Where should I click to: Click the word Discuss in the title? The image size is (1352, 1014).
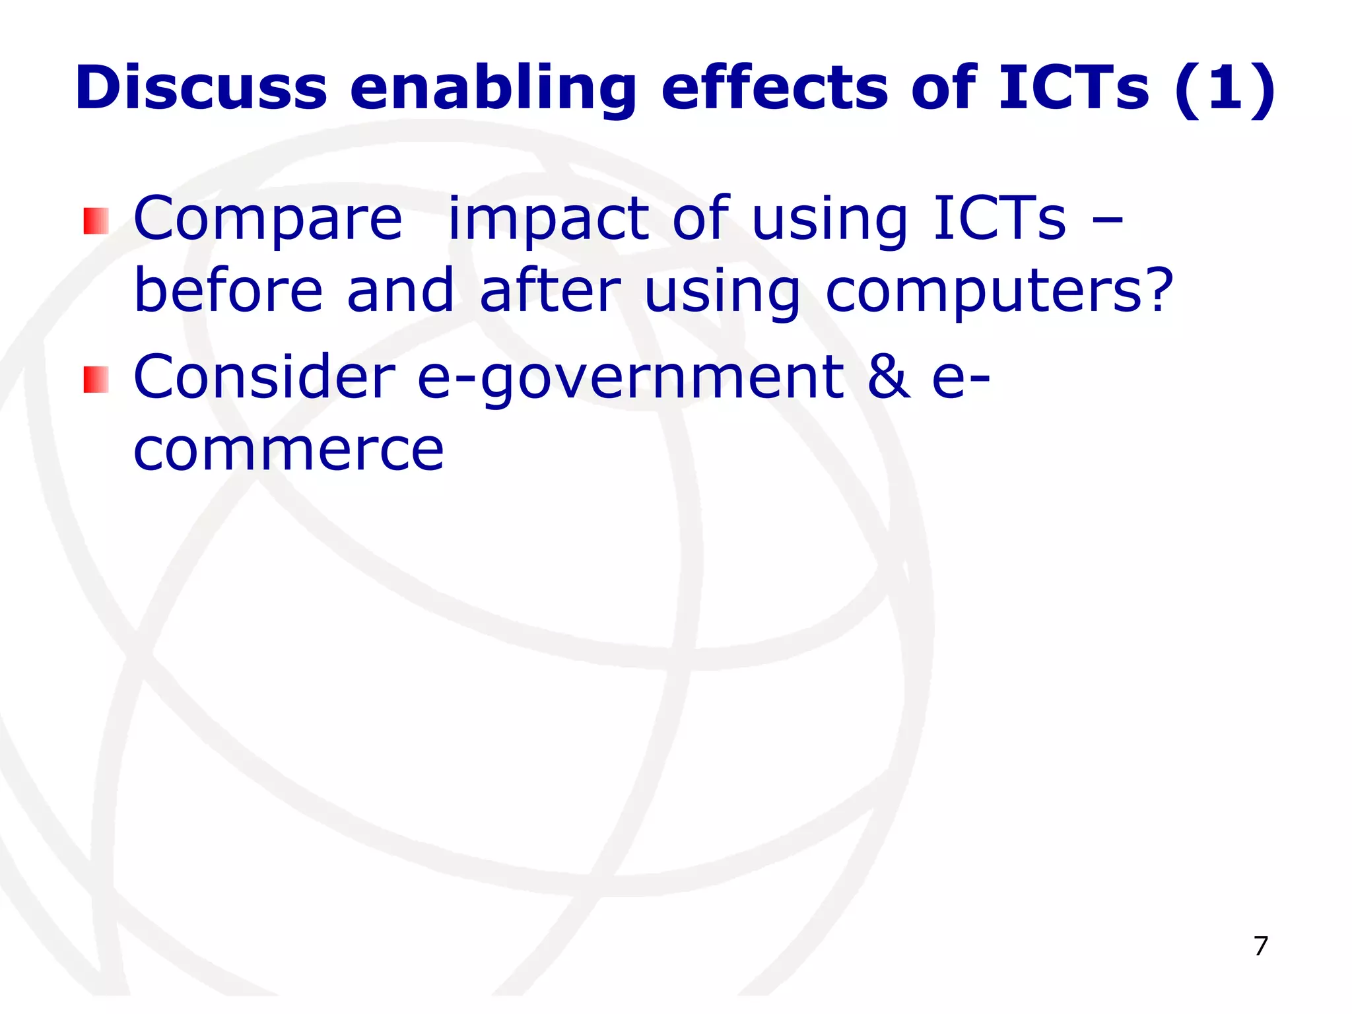pos(201,88)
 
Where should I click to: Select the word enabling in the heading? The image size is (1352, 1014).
pos(492,89)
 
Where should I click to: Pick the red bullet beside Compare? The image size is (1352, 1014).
pos(96,221)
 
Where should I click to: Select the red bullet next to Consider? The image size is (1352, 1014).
pos(96,380)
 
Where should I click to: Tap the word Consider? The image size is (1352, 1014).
pos(264,377)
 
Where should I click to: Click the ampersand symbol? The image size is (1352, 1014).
pos(889,377)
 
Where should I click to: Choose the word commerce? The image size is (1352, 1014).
pos(288,451)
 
